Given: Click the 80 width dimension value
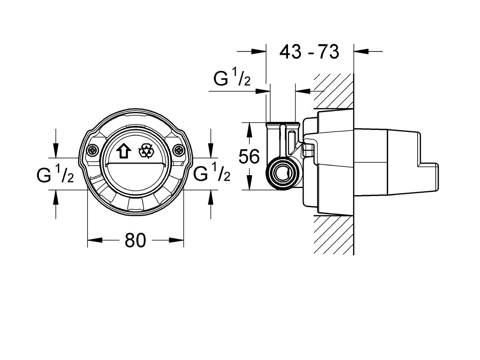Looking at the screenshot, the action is [x=135, y=240].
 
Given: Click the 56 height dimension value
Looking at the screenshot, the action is [x=249, y=156].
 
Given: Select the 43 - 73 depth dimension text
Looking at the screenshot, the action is [x=309, y=52].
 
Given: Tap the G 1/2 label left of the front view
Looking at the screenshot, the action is [x=55, y=174].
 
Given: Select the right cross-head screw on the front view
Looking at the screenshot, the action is [x=179, y=150].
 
